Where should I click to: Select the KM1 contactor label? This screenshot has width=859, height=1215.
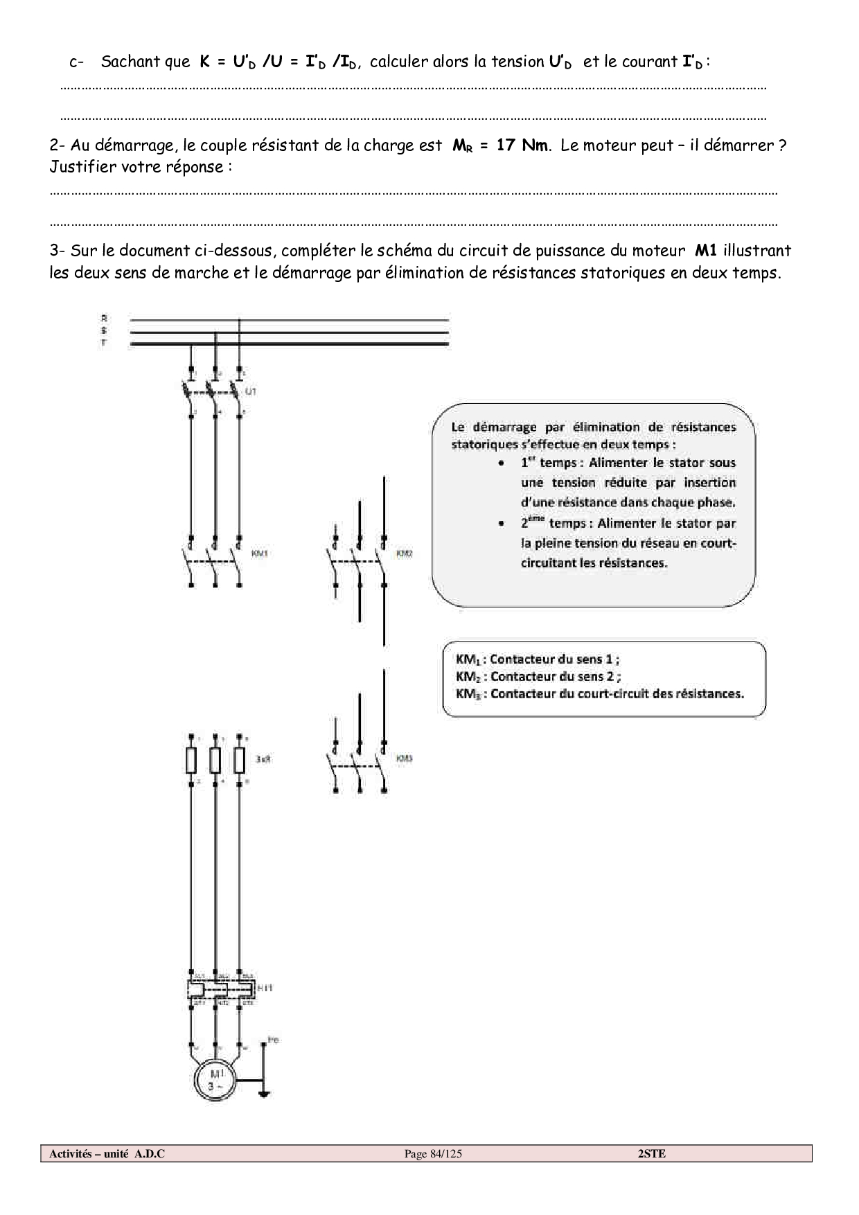click(259, 553)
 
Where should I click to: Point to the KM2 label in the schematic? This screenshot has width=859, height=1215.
click(404, 553)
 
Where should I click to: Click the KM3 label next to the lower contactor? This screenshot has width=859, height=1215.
click(404, 759)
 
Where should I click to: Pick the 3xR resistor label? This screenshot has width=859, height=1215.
click(263, 759)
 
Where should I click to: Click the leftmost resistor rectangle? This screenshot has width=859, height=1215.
click(191, 760)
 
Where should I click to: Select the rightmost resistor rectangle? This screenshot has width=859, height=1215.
click(240, 760)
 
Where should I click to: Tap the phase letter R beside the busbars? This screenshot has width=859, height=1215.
click(104, 318)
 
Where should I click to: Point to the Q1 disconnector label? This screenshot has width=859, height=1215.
click(251, 391)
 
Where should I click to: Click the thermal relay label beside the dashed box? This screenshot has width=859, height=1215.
click(265, 987)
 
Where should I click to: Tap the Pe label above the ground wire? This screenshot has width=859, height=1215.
click(273, 1040)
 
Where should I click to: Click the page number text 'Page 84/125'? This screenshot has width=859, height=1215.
click(433, 1153)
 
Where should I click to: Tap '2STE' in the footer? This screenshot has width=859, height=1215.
click(651, 1153)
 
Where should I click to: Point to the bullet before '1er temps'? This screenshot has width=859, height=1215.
click(501, 463)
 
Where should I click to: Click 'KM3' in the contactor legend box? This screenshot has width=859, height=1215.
click(468, 694)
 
